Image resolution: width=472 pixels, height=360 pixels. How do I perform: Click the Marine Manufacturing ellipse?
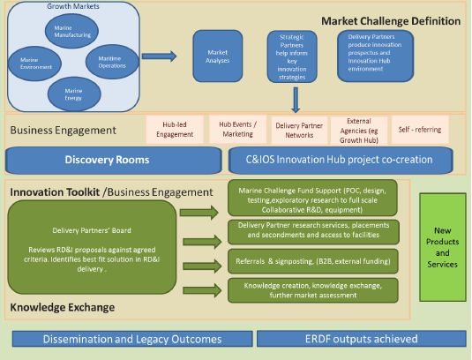(x=71, y=33)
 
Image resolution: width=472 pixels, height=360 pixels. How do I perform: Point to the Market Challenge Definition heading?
(x=390, y=20)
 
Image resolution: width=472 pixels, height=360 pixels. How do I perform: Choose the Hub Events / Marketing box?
(x=236, y=129)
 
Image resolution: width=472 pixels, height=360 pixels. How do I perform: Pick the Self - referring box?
(x=419, y=129)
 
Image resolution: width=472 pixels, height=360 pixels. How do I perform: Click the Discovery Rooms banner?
(x=113, y=160)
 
